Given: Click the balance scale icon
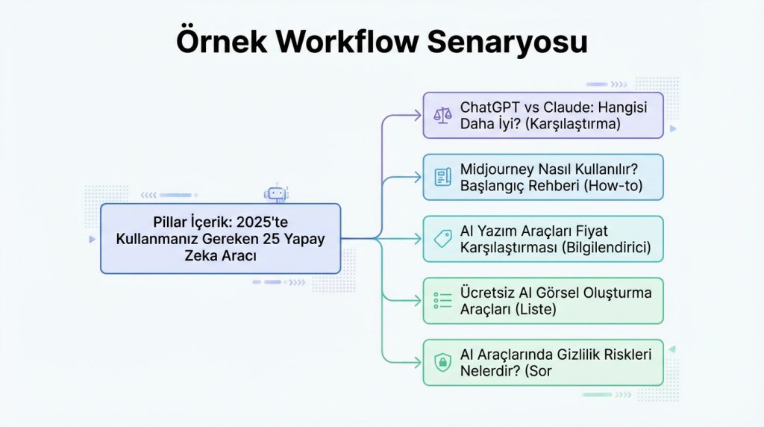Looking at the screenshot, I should (443, 116).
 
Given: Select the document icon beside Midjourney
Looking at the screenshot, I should (443, 177).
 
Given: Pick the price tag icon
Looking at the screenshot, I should (443, 239).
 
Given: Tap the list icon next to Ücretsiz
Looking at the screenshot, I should (443, 301).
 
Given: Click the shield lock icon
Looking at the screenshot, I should (443, 362).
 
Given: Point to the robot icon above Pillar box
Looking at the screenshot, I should (277, 193).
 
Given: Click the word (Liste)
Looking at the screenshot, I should (536, 309).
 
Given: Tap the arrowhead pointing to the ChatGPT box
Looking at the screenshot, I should (418, 116).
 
